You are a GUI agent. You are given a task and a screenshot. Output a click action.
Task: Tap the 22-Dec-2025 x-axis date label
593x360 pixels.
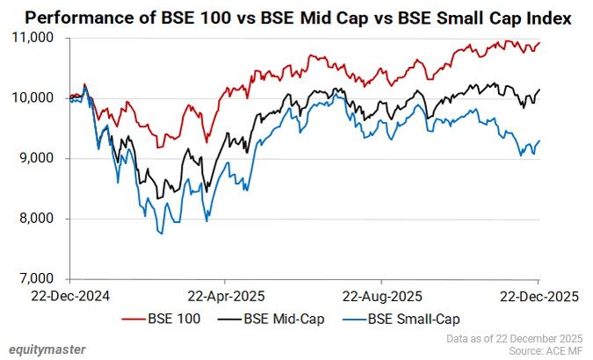click(538, 297)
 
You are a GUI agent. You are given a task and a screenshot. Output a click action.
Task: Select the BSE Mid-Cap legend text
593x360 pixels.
click(284, 319)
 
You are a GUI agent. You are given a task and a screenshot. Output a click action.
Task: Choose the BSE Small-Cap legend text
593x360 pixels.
click(413, 319)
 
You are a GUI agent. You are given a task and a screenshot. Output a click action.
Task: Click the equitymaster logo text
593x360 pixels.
click(47, 349)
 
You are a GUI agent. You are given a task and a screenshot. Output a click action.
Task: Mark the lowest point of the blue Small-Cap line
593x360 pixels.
click(162, 234)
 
